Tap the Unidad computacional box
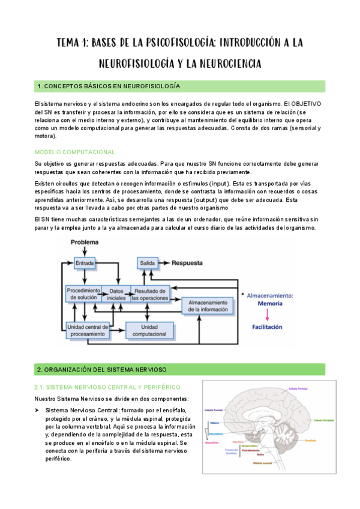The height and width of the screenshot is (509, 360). point(149,329)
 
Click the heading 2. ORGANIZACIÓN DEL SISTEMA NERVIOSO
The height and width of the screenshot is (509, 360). point(102,369)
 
